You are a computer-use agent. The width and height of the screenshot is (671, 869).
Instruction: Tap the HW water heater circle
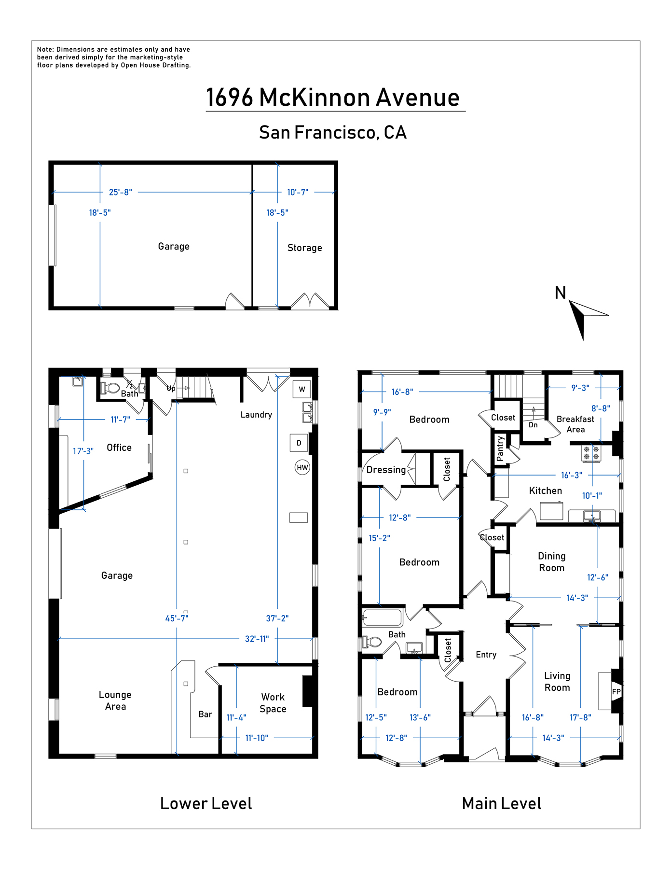(302, 467)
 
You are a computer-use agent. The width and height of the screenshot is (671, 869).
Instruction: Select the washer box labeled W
(302, 389)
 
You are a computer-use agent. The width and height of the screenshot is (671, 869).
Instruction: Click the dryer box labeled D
(299, 443)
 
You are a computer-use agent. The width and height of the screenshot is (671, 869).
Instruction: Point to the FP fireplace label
(616, 691)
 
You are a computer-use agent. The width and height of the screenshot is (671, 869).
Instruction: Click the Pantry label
(500, 448)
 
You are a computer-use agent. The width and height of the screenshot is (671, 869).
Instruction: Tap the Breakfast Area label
(575, 424)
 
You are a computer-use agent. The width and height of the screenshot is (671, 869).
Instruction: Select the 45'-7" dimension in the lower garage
(177, 618)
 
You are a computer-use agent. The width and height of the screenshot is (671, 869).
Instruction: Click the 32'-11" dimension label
(257, 639)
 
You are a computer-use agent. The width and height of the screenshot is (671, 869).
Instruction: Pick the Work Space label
(273, 703)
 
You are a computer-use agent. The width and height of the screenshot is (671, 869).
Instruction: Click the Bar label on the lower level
(205, 714)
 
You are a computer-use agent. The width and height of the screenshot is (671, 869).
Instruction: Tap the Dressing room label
(386, 470)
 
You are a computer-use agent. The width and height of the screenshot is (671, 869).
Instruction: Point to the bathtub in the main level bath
(382, 618)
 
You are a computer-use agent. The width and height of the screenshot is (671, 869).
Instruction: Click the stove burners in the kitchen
(591, 453)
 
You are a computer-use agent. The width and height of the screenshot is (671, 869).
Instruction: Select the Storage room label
(305, 248)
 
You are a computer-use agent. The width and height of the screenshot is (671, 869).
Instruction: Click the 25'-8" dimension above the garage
(121, 192)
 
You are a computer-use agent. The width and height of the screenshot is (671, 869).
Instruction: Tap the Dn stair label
(533, 425)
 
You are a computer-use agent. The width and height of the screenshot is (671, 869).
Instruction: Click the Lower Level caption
(206, 803)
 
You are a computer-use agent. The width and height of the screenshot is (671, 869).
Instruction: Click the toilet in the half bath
(110, 388)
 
